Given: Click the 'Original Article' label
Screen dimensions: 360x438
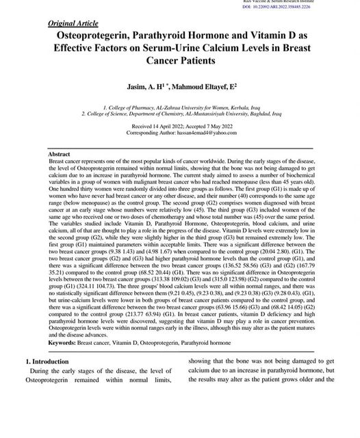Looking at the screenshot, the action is point(74,24).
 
